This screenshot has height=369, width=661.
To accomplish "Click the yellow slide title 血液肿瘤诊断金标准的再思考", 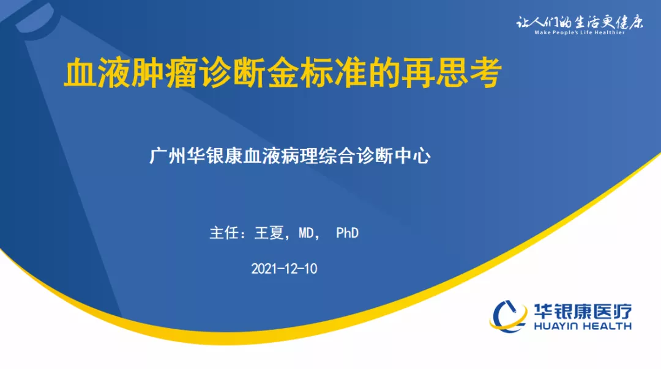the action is (283, 74).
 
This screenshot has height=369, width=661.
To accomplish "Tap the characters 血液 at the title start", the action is (97, 74).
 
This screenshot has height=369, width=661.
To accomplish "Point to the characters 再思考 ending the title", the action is (452, 74).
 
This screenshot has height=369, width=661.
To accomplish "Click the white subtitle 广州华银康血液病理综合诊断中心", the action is (290, 156).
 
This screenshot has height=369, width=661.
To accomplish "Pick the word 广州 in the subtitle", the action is (168, 156).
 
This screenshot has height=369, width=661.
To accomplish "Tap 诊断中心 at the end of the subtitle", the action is (394, 156).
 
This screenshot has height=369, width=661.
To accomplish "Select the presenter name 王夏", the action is (269, 233).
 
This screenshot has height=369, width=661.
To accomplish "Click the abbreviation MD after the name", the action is (307, 233).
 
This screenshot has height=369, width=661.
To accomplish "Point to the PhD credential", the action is (348, 233).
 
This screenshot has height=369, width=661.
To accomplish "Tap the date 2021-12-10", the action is (284, 268).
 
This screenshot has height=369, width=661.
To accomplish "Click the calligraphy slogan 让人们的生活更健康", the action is (580, 22).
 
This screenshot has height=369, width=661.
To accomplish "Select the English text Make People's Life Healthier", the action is (580, 32).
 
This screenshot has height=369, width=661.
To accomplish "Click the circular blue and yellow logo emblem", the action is (508, 316).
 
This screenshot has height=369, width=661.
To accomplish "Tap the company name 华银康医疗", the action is (583, 312).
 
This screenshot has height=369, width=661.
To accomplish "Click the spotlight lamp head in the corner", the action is (36, 20).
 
